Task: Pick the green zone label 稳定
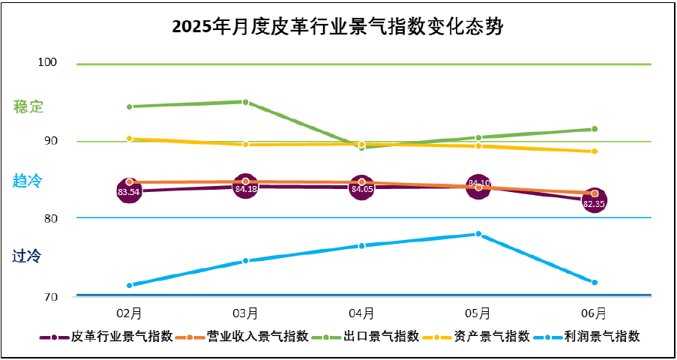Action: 28,106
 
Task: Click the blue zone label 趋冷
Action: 27,180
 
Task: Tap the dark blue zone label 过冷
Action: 27,256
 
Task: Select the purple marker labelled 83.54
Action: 130,192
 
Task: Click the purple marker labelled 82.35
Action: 595,202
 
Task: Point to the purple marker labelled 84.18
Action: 246,187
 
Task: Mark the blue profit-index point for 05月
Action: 478,234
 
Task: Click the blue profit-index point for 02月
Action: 130,285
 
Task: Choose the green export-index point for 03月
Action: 246,101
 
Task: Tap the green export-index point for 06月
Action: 595,129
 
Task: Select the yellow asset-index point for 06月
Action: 595,151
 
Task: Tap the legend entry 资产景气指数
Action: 487,337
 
